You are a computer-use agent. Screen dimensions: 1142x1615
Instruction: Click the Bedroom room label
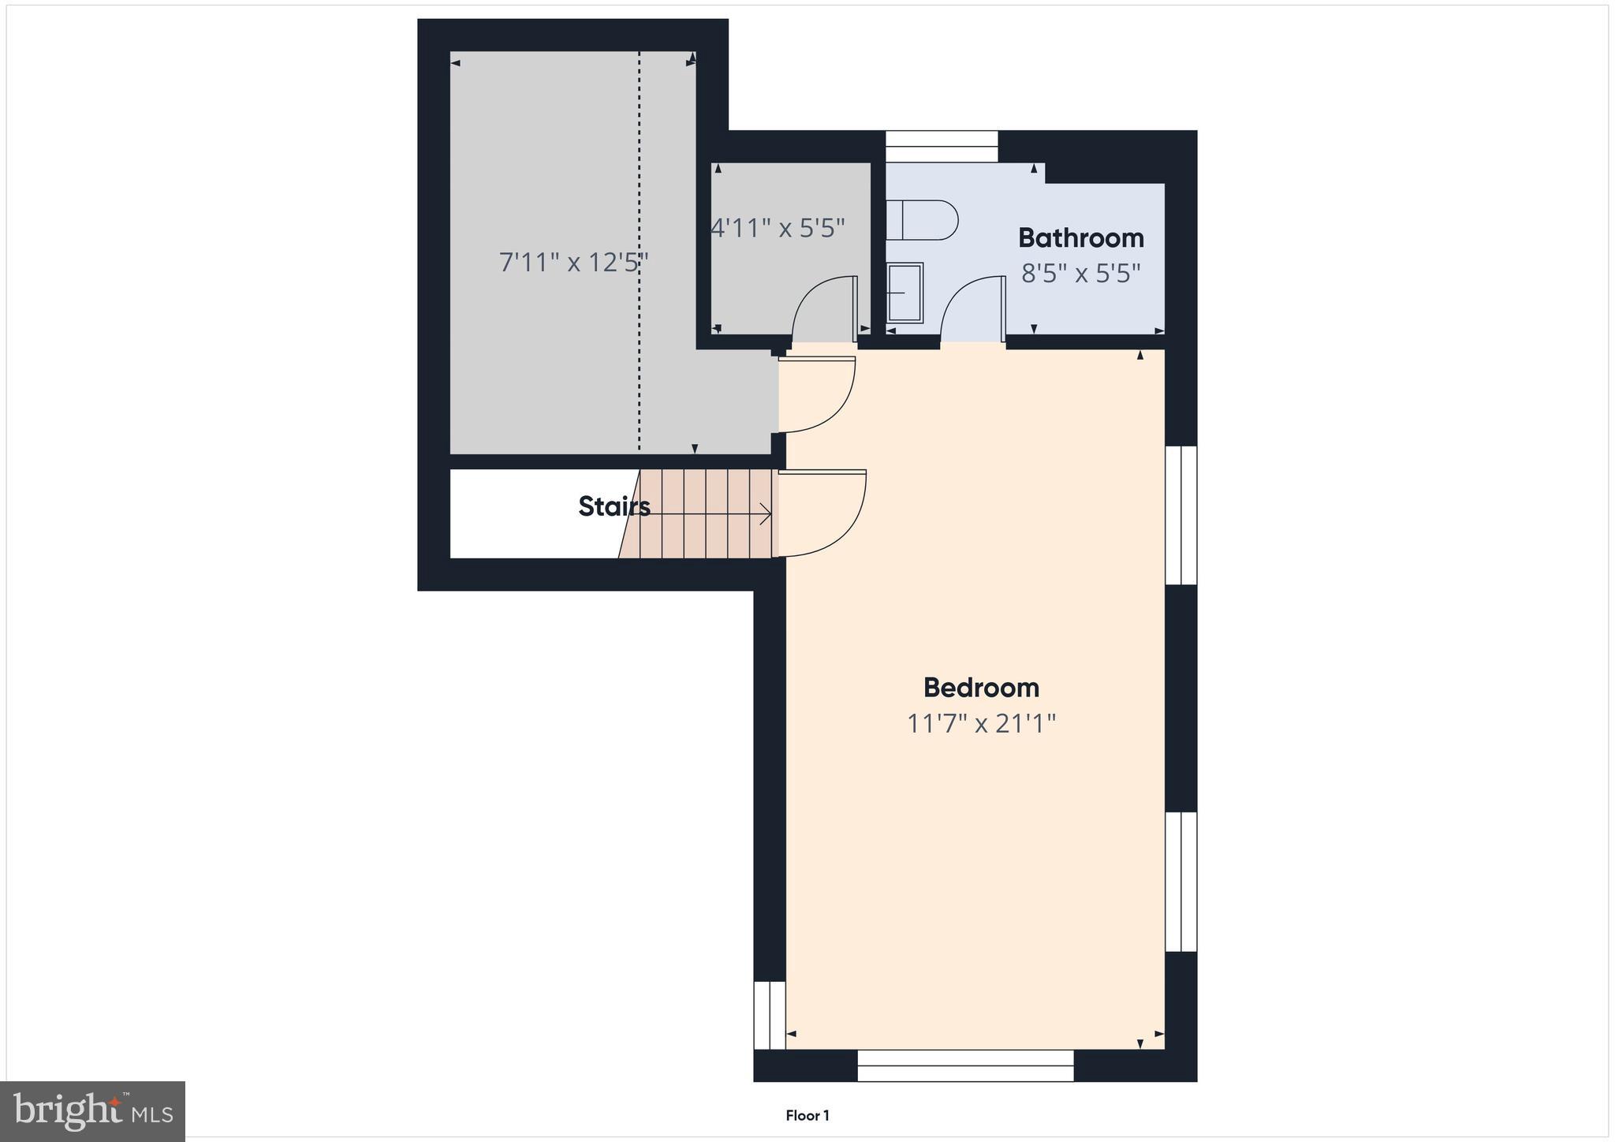[x=981, y=688]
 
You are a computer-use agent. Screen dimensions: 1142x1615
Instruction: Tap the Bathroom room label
[x=1080, y=237]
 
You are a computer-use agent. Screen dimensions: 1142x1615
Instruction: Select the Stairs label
[x=614, y=506]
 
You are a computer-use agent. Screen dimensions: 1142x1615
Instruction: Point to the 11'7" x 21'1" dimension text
[x=981, y=723]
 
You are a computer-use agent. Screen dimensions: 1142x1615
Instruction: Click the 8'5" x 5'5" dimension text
[x=1080, y=274]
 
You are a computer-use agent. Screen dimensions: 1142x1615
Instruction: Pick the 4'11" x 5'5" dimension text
[x=778, y=228]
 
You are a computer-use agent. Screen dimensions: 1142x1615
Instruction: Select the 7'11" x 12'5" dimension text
[x=573, y=262]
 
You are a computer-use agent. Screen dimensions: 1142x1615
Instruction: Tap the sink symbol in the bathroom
[x=904, y=293]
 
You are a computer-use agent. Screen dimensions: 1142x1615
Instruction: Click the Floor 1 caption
[x=807, y=1115]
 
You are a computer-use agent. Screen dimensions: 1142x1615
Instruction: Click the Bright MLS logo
[x=93, y=1111]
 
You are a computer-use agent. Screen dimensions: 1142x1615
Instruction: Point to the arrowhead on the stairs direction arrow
[x=766, y=514]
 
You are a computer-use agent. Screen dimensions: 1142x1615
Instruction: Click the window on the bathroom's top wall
[x=942, y=147]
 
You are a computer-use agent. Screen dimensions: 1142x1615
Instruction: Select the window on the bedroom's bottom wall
[x=965, y=1065]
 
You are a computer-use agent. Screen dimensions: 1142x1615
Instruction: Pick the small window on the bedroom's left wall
[x=770, y=1015]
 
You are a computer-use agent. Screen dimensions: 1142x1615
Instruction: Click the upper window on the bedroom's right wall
[x=1180, y=515]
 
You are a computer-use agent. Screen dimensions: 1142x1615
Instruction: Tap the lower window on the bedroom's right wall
[x=1180, y=881]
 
